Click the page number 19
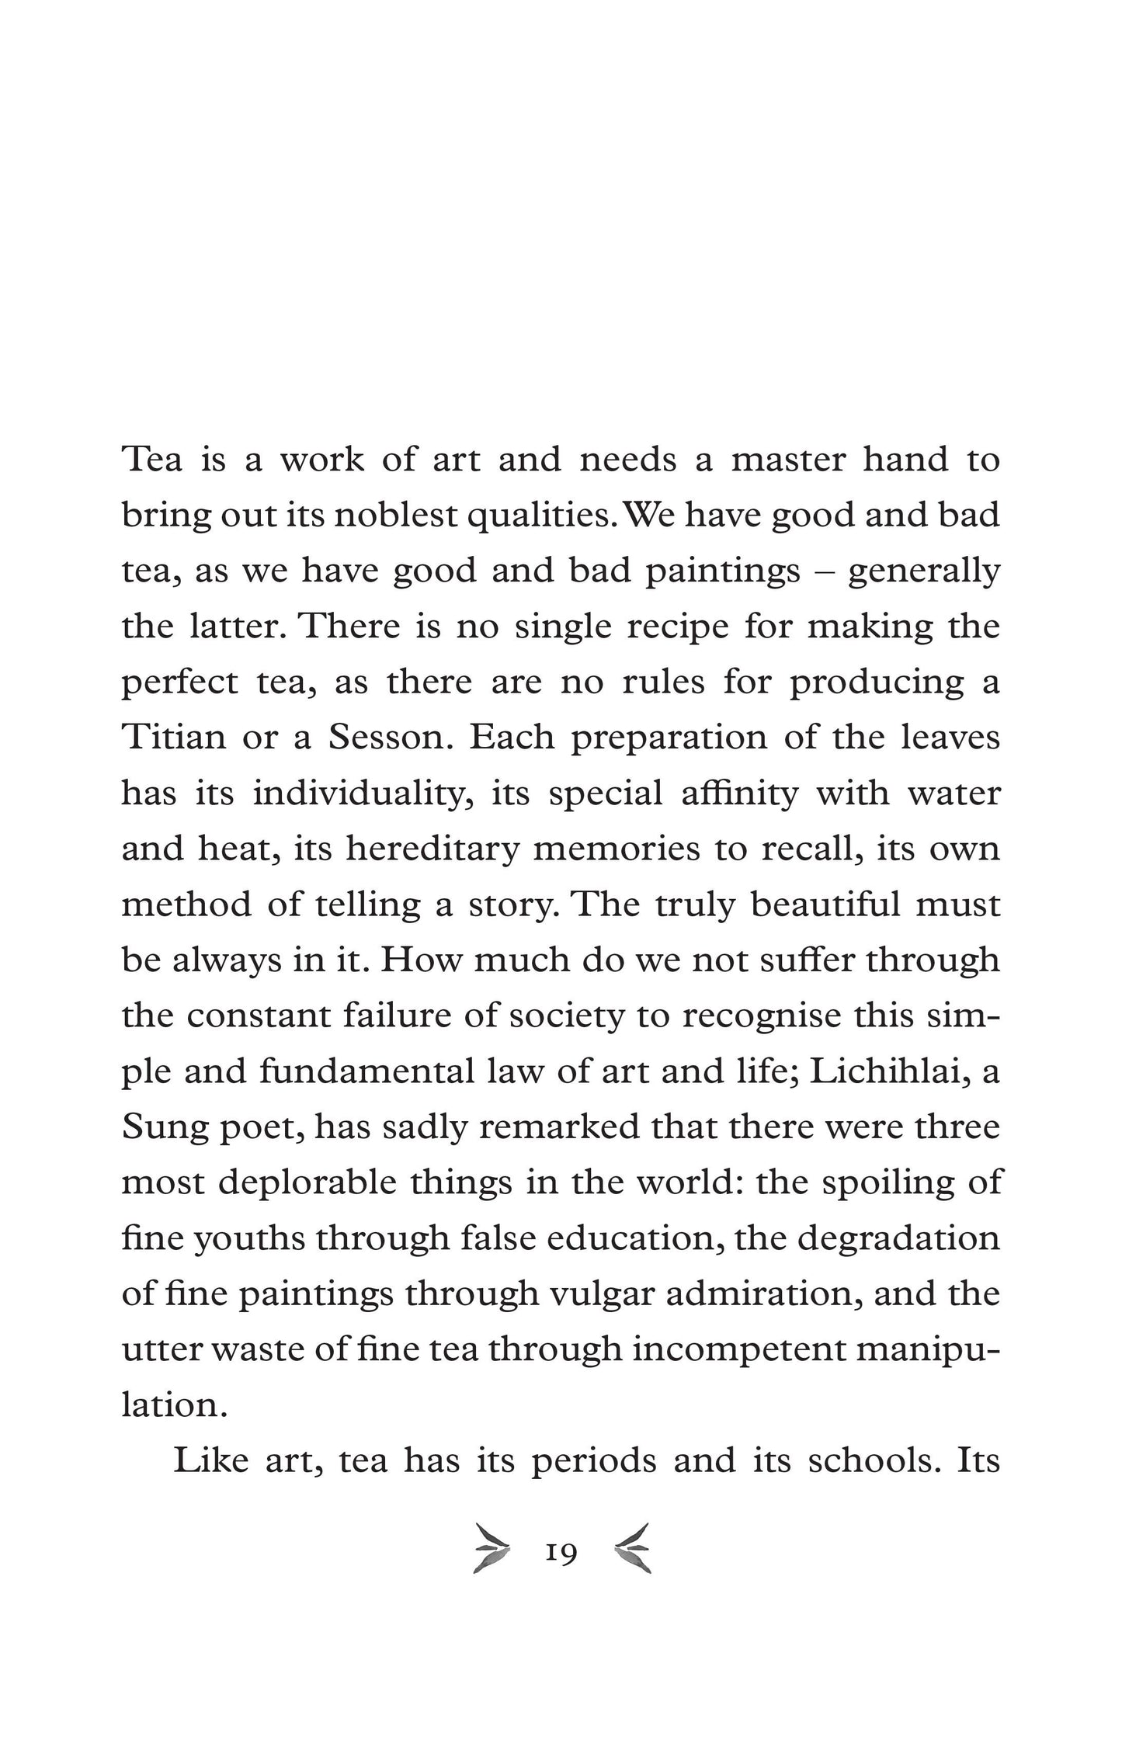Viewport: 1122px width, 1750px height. [561, 1554]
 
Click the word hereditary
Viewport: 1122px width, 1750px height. [432, 849]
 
